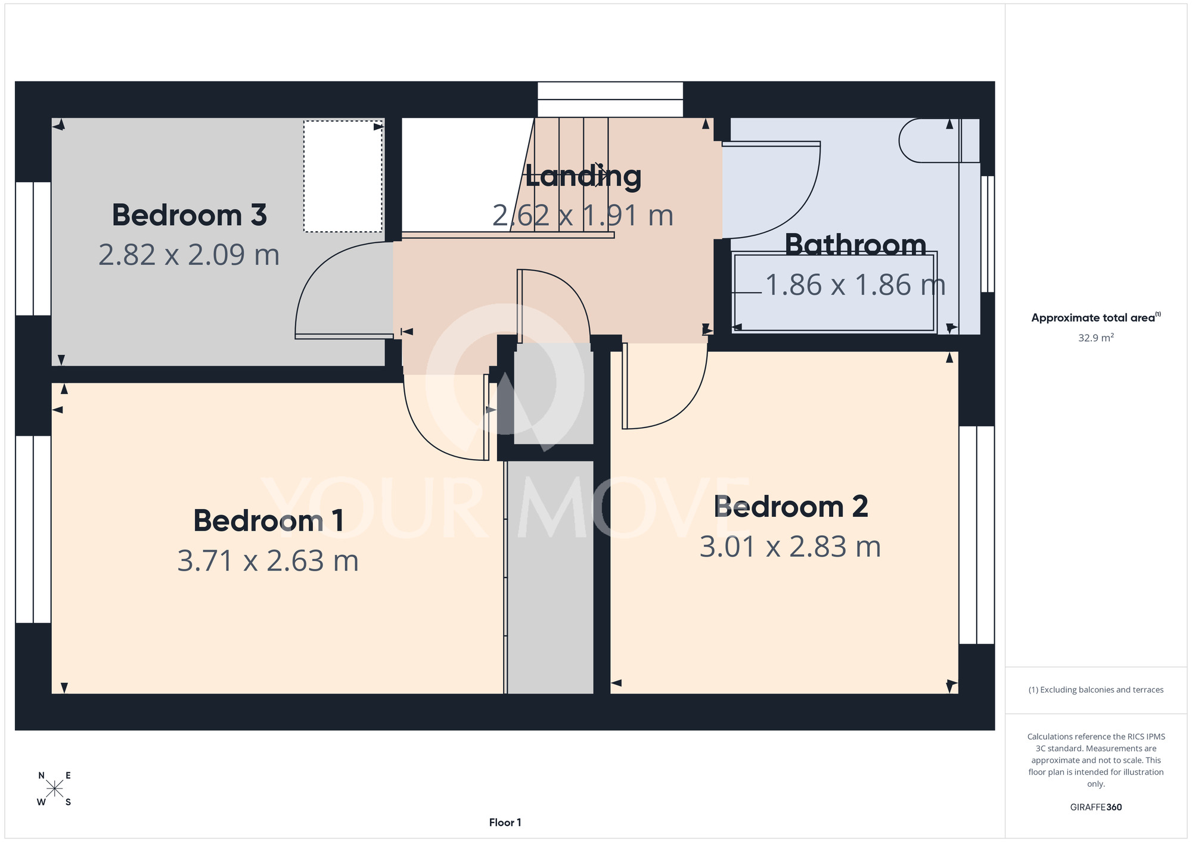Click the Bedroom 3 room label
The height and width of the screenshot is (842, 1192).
pos(189,215)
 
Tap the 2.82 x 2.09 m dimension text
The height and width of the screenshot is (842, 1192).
pos(189,255)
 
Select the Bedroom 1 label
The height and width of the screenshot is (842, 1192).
pos(269,521)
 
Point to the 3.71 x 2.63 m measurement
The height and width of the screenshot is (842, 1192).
pos(268,561)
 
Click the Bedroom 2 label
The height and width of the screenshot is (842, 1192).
pos(791,507)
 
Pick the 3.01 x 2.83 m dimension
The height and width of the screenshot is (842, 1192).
pos(790,547)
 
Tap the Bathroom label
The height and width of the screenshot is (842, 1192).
pos(855,245)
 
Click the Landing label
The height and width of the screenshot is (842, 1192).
pos(583,177)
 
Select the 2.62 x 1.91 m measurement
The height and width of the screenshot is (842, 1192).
pos(583,216)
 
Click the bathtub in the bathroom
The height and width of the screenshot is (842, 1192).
pos(834,292)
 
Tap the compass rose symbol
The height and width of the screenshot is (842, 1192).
pos(54,789)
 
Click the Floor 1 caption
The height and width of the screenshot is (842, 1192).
pos(505,822)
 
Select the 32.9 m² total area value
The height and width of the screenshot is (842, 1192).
pos(1096,338)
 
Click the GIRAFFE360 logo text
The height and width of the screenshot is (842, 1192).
pos(1096,807)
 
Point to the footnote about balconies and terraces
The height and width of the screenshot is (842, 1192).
pos(1096,690)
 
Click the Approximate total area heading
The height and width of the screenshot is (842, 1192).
pos(1096,317)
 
